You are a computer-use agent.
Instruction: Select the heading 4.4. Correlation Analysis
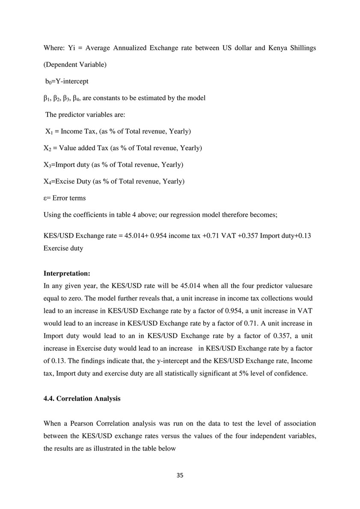[82, 399]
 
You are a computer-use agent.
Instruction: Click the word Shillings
[300, 48]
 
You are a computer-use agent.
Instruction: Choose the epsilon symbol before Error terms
[45, 198]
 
